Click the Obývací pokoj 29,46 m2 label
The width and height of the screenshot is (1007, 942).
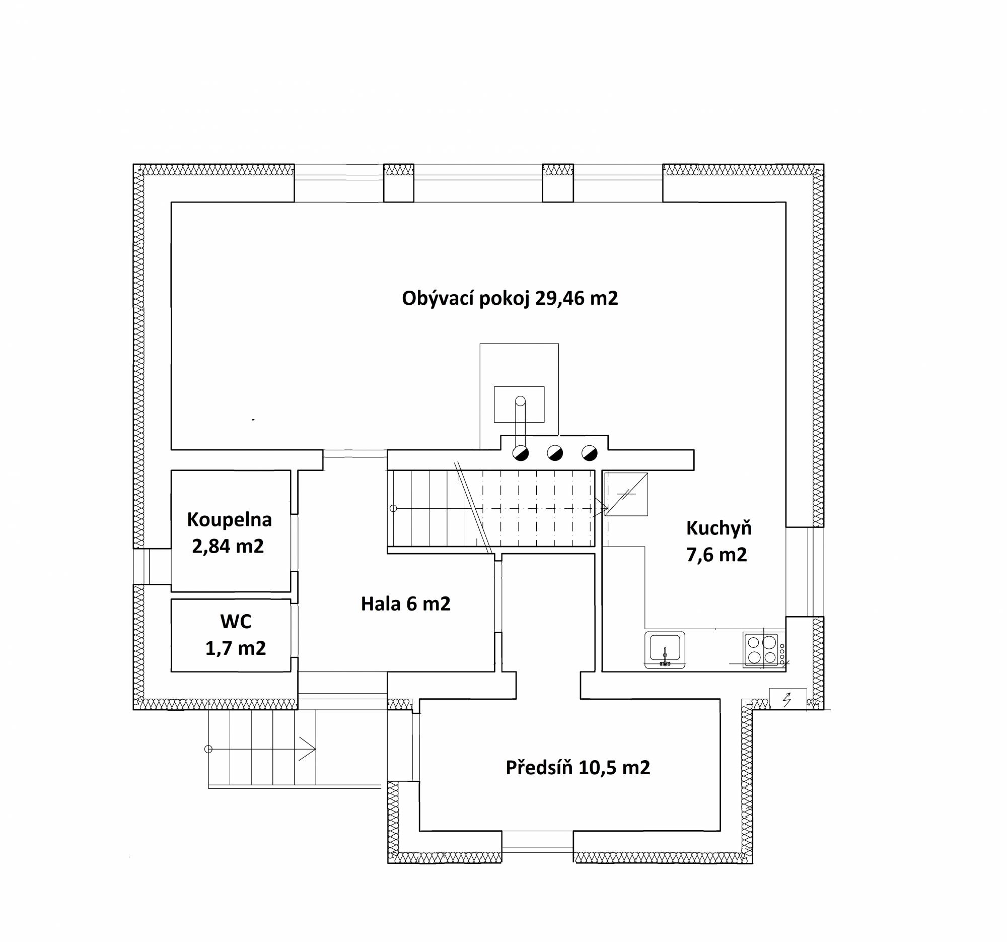click(x=510, y=298)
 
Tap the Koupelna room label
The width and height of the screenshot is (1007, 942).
click(x=229, y=519)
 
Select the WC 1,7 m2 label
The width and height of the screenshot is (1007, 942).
click(x=236, y=634)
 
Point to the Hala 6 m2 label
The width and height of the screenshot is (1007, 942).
click(x=405, y=603)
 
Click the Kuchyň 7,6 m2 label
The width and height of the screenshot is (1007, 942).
click(x=718, y=541)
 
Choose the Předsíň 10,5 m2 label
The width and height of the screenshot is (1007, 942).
click(x=578, y=768)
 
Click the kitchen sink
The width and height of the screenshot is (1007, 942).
click(x=665, y=650)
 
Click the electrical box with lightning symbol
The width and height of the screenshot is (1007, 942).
click(x=787, y=699)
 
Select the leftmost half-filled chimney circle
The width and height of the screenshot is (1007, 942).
click(x=521, y=453)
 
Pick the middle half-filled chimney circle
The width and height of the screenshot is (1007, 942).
click(x=555, y=453)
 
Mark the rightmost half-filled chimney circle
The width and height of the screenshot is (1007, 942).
click(x=590, y=453)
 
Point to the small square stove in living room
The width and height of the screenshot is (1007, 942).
click(x=519, y=405)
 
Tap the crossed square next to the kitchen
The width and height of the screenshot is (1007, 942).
click(x=626, y=494)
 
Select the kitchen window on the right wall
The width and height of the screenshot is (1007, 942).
click(x=805, y=572)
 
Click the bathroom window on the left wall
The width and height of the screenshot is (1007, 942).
click(x=152, y=567)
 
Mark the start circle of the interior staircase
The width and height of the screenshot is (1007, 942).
click(x=393, y=508)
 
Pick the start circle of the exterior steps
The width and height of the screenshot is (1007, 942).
click(x=207, y=749)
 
